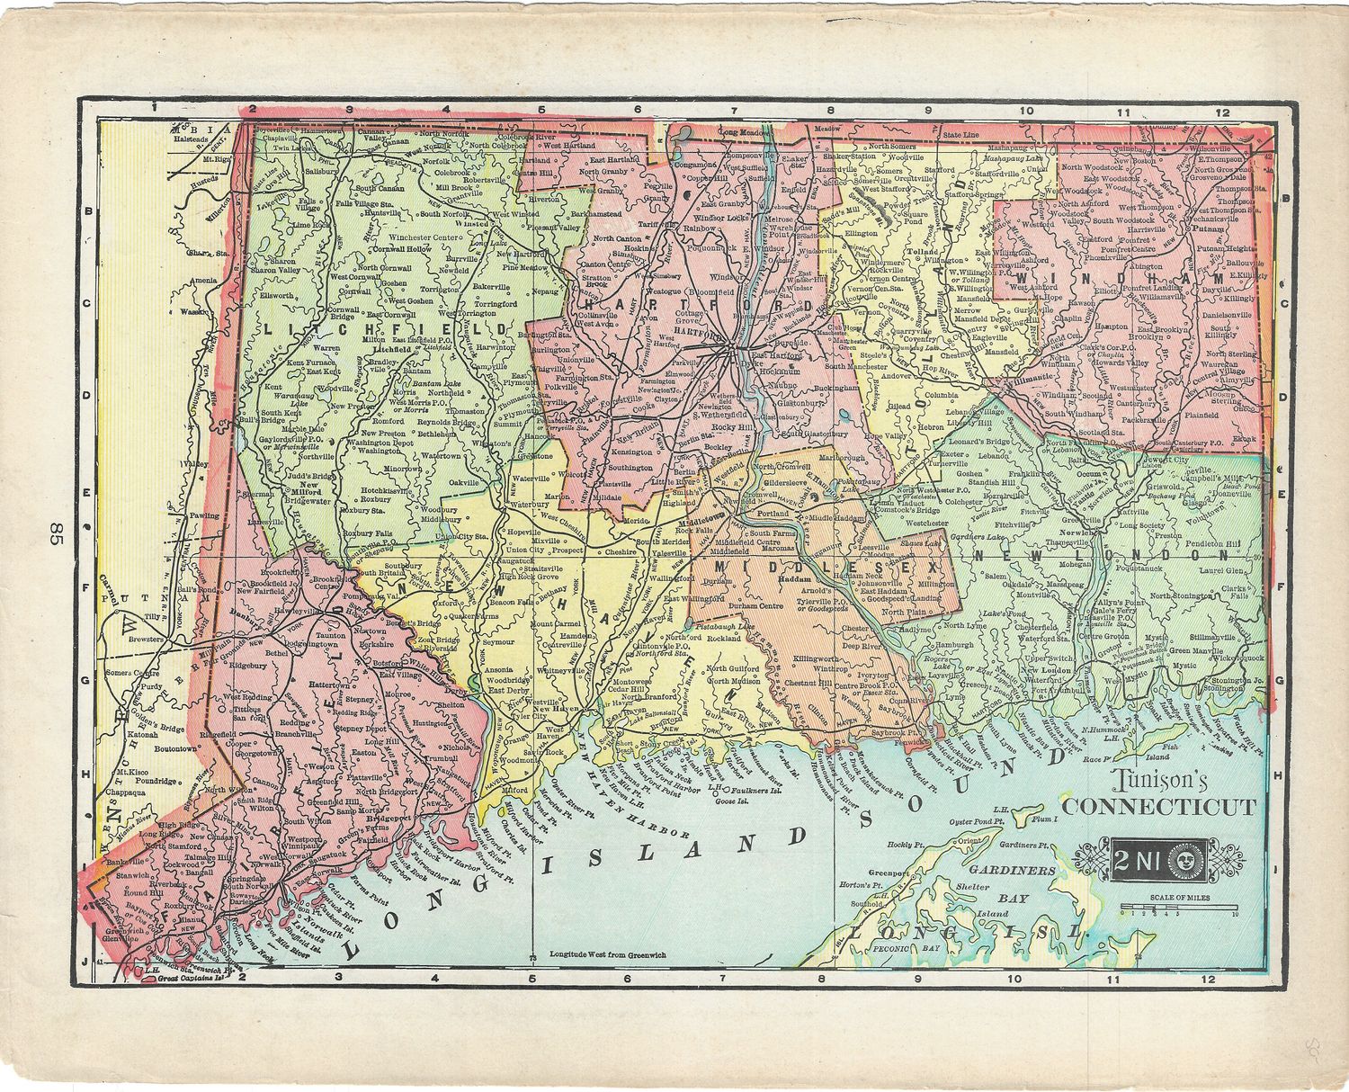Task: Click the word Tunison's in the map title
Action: pyautogui.click(x=1155, y=780)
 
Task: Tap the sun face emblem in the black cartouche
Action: pyautogui.click(x=1184, y=862)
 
